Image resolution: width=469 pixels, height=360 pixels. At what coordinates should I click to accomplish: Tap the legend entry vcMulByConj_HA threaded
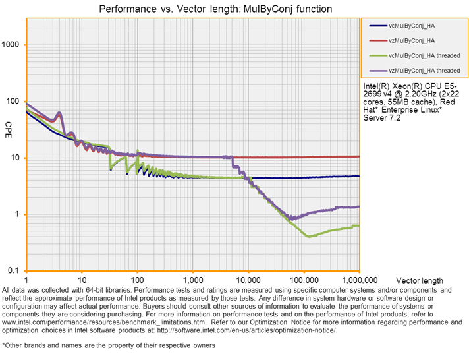[424, 55]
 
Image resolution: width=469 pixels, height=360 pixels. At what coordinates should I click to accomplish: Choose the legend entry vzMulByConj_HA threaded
[424, 69]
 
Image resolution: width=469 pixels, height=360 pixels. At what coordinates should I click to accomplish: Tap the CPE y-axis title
[9, 126]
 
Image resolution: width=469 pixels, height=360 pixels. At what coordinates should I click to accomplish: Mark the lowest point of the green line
[308, 237]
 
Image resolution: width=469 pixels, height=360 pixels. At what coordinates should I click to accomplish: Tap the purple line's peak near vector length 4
[59, 113]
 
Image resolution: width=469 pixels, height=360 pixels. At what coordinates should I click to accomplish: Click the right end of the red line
[359, 156]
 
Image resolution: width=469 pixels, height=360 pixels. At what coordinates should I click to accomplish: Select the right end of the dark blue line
[359, 176]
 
